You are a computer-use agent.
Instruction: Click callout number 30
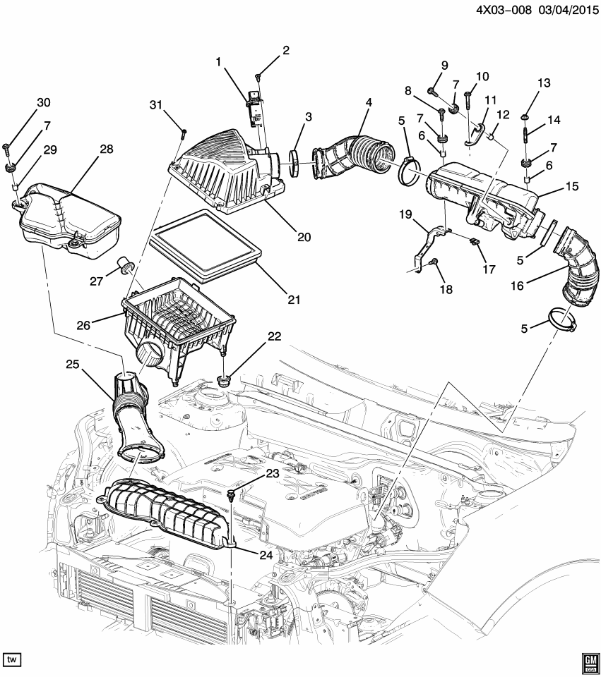tap(44, 103)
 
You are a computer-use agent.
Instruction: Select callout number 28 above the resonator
tap(106, 150)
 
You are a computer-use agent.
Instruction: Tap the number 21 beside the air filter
tap(292, 300)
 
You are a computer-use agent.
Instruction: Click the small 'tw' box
tap(12, 659)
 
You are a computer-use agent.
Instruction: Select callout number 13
tap(543, 83)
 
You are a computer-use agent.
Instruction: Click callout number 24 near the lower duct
tap(265, 555)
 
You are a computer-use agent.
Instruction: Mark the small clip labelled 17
tap(473, 243)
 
